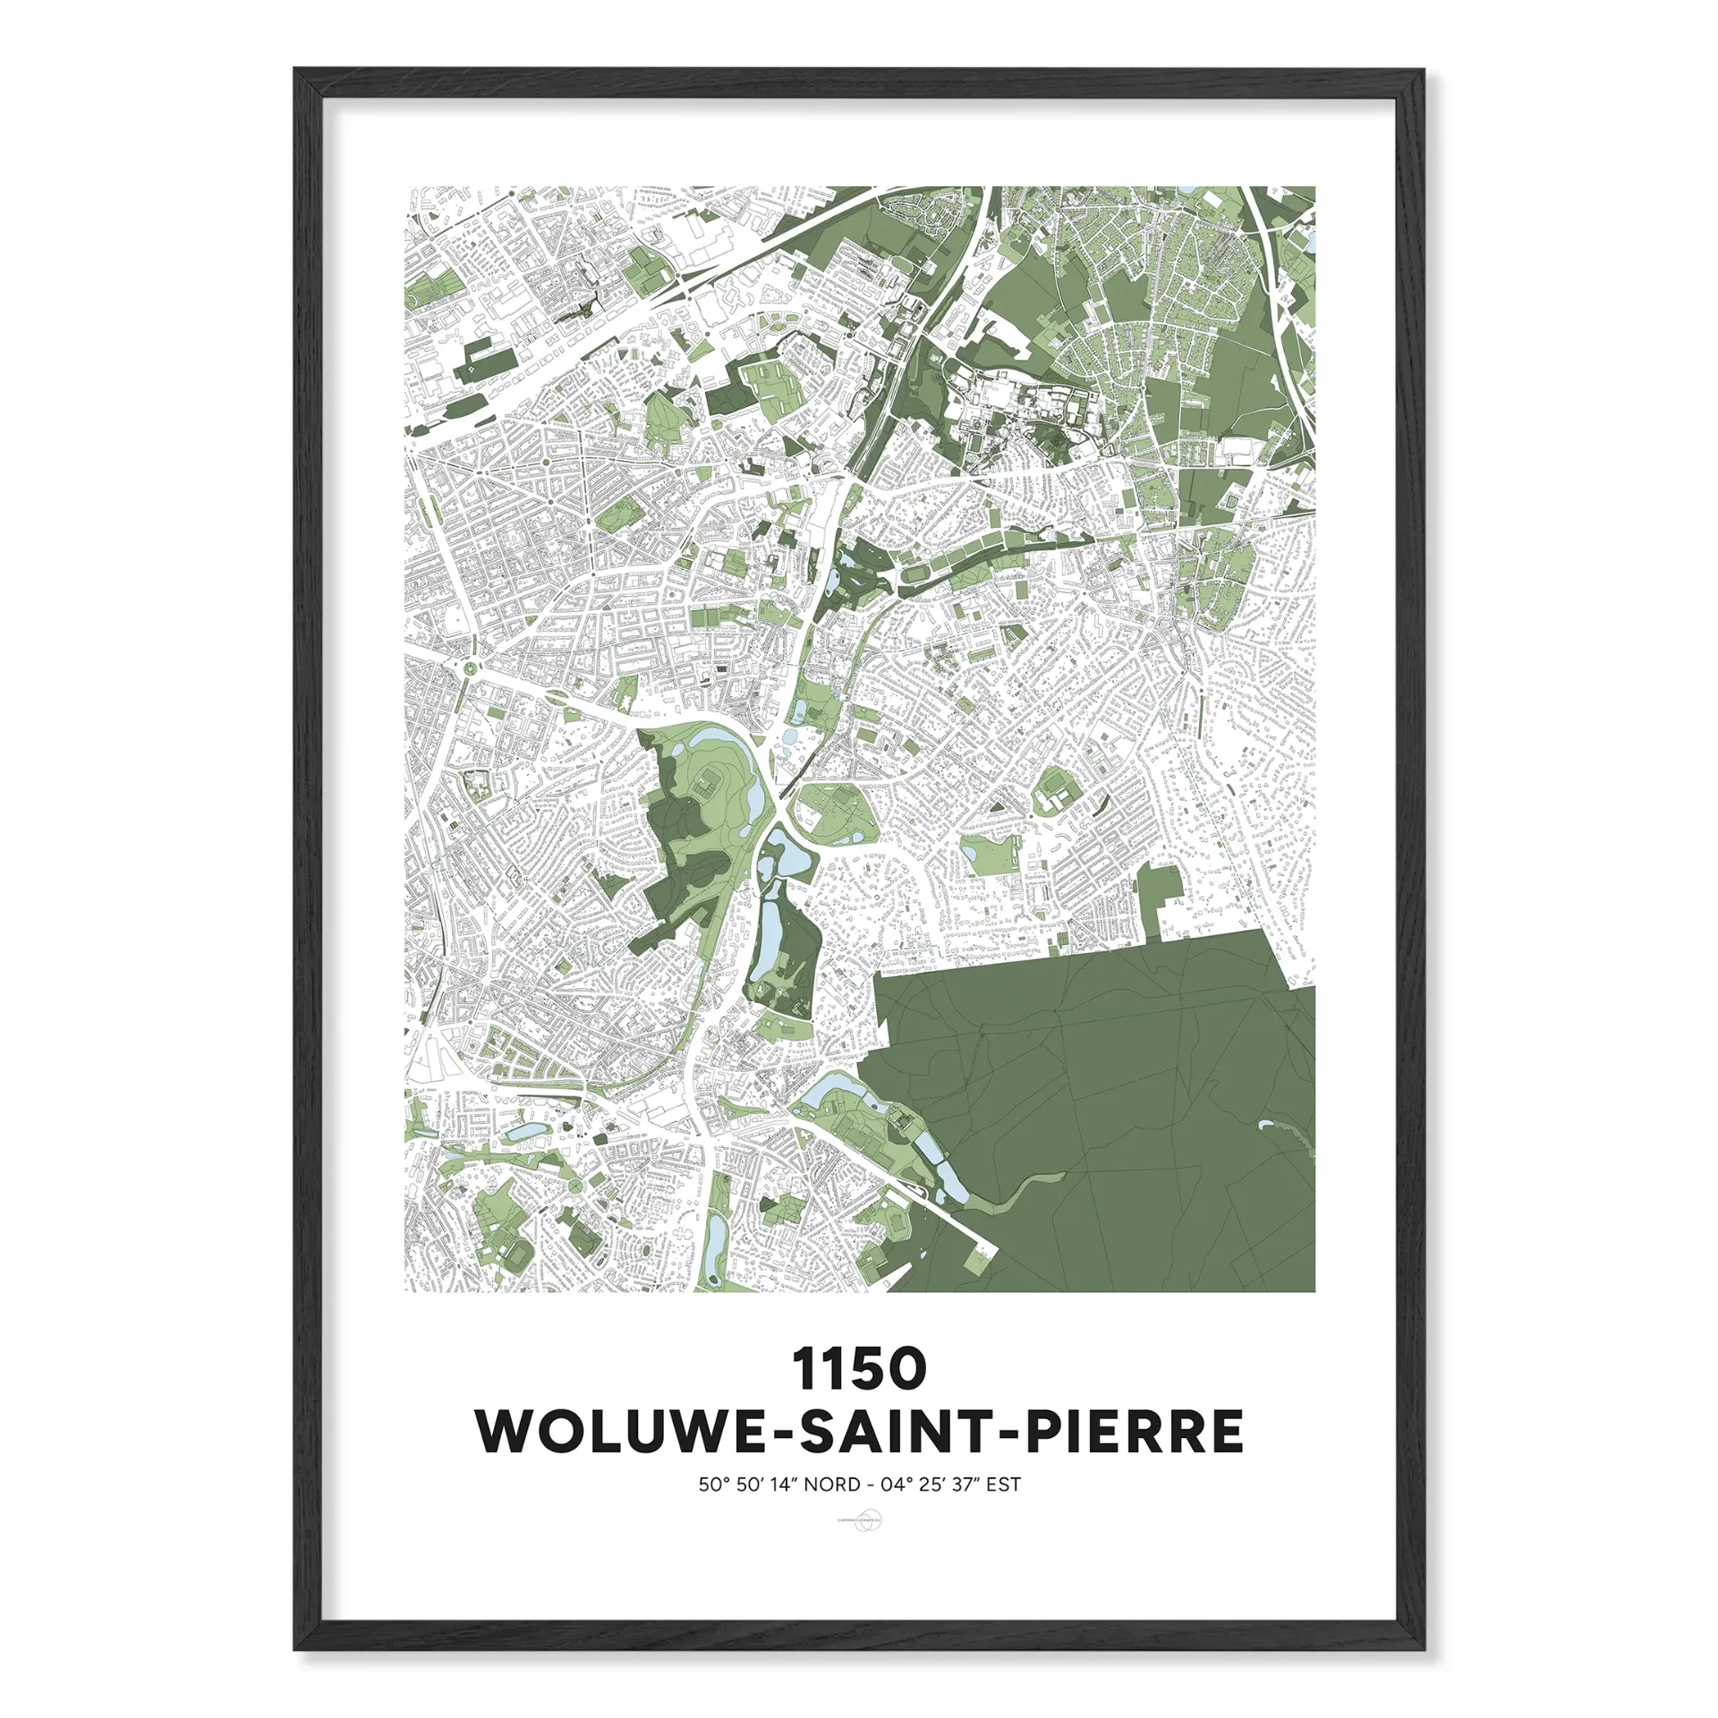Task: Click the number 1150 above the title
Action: [858, 1370]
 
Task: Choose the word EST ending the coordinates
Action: [1003, 1484]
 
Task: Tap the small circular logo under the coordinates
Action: [858, 1520]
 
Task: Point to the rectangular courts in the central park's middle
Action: [707, 787]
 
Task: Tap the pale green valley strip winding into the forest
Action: [1020, 1191]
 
